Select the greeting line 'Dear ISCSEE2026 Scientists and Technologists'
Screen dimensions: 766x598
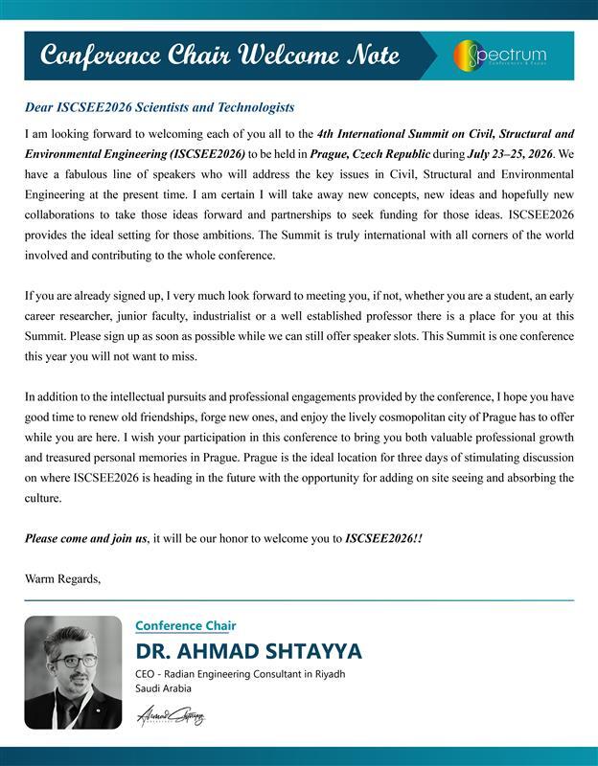click(x=159, y=107)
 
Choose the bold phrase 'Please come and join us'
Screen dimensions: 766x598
click(x=85, y=539)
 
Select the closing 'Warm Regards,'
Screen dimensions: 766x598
click(x=62, y=578)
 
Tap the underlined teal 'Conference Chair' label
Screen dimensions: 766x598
click(x=186, y=625)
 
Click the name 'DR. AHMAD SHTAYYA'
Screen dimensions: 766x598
click(x=248, y=652)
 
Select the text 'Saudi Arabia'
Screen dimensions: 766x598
click(x=164, y=688)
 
